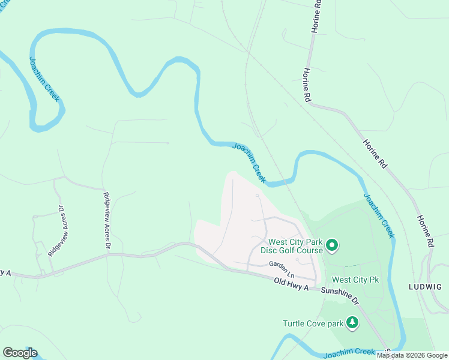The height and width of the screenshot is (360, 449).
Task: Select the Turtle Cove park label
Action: pos(313,324)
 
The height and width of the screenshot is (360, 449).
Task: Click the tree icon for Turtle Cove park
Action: pos(352,323)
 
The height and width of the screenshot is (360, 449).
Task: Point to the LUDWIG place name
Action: pos(427,286)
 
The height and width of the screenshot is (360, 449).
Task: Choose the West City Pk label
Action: pos(355,280)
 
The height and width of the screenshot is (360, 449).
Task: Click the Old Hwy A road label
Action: pos(291,285)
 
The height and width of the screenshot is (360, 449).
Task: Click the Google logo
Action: pos(20,353)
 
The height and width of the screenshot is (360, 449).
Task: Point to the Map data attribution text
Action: pos(412,356)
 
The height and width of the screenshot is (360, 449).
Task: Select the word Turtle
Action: pos(295,324)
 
